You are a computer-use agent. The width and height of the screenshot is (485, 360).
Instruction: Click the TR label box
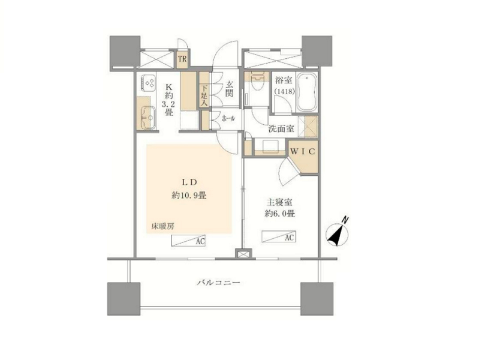182,59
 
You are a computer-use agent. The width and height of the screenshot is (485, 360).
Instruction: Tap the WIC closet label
303,151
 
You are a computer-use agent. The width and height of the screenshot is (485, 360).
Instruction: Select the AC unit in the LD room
188,241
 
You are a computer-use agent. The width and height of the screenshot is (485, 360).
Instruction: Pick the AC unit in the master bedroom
279,236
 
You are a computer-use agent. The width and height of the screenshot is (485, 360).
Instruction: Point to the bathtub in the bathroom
306,92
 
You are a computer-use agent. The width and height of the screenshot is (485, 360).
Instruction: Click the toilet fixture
257,80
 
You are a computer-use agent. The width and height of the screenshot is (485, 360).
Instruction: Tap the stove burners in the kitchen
149,83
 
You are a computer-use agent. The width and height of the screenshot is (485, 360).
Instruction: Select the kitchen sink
148,118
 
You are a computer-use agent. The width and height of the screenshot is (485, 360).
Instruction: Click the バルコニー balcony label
219,283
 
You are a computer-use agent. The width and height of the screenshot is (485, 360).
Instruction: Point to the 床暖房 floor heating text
162,226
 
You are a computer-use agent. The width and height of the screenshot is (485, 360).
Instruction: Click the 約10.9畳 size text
189,196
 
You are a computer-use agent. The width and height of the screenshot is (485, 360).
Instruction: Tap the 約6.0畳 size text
279,214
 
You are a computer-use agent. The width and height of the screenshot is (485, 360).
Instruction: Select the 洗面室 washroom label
281,128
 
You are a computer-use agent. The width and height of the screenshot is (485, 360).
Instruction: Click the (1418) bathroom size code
284,92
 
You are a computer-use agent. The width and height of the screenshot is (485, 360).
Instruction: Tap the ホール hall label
228,118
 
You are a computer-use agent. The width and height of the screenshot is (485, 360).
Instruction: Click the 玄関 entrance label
229,89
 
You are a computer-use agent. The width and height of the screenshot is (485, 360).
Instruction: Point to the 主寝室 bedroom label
279,202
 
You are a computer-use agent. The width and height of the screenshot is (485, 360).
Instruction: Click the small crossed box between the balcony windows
242,254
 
